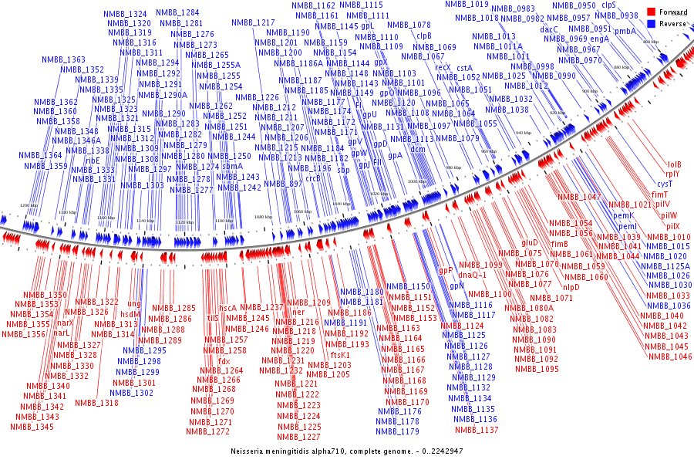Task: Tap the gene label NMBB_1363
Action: (x=63, y=60)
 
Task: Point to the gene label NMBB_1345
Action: (x=32, y=427)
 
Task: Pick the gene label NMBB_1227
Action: (x=298, y=437)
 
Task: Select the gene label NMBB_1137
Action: (x=477, y=430)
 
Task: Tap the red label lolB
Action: (x=674, y=164)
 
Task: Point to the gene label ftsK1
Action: (x=345, y=355)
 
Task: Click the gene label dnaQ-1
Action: (x=473, y=275)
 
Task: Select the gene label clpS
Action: (x=608, y=5)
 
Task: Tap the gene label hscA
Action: (x=228, y=308)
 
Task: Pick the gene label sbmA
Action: (x=232, y=166)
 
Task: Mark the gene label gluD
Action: (x=530, y=243)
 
